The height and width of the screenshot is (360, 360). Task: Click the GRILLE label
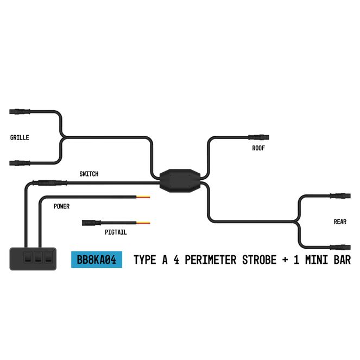(x=20, y=137)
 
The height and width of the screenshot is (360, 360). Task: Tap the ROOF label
(x=258, y=148)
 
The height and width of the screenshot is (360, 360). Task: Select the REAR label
(x=340, y=222)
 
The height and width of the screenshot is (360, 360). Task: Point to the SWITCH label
(x=89, y=174)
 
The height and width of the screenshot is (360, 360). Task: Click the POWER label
(x=61, y=206)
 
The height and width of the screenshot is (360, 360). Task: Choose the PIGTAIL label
(x=116, y=232)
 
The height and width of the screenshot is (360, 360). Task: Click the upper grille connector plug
(x=21, y=112)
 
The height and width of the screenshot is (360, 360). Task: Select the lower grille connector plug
(x=21, y=162)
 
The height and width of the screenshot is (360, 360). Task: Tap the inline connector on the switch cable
(x=42, y=183)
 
